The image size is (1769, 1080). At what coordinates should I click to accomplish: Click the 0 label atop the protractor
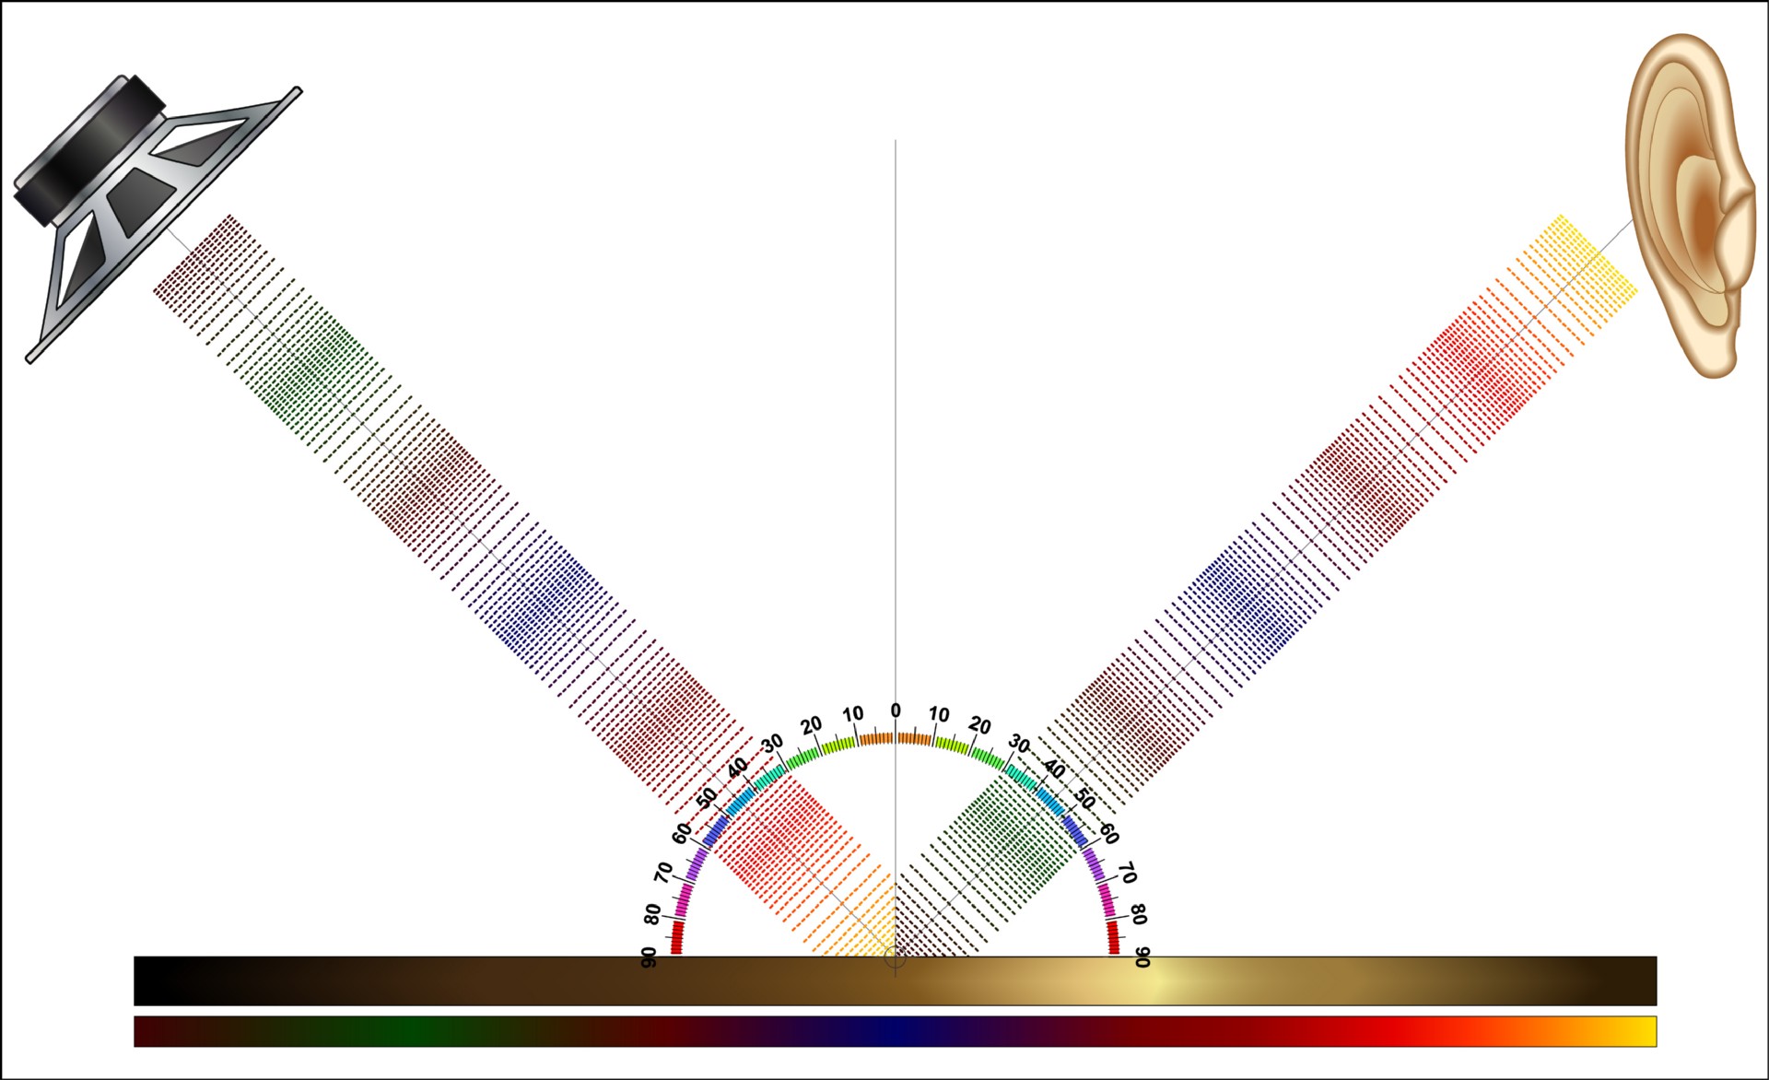click(895, 710)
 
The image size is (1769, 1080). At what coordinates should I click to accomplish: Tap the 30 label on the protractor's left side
click(772, 742)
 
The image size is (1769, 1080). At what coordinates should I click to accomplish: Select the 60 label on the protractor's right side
click(1109, 835)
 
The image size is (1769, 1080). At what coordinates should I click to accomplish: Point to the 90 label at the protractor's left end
click(649, 957)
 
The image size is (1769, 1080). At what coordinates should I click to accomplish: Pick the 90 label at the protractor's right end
click(1142, 957)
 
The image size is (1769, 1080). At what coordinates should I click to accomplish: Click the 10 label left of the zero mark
click(852, 714)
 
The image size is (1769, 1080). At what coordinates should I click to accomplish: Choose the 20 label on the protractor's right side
click(979, 726)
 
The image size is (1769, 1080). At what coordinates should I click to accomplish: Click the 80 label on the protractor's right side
click(1138, 914)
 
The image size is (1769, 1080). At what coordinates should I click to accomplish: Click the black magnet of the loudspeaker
click(88, 152)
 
